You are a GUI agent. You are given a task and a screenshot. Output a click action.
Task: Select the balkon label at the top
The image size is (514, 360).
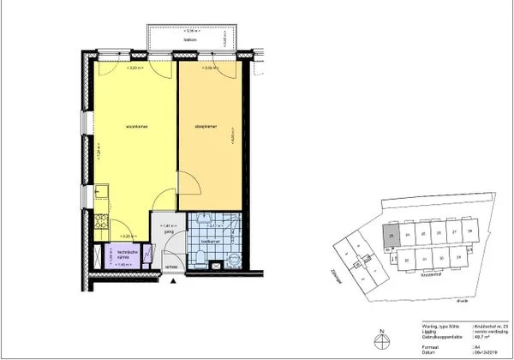191,39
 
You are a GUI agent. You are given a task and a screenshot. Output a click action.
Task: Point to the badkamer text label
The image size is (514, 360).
210,243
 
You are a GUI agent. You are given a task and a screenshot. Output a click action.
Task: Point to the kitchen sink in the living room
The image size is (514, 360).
99,191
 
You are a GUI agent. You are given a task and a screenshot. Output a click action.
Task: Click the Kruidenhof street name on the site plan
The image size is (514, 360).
430,276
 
